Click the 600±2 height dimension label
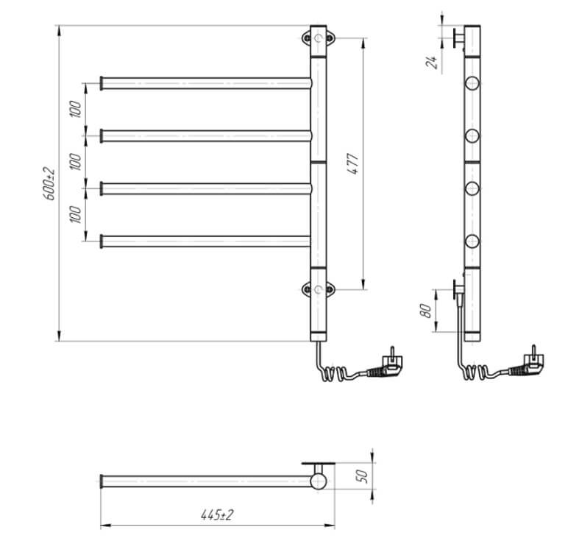pos(49,184)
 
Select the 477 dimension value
pos(352,163)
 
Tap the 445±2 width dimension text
pos(217,515)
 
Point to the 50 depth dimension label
pos(362,476)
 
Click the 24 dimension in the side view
pos(431,62)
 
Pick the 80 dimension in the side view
pos(425,311)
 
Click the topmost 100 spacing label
pos(75,109)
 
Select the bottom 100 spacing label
pos(75,214)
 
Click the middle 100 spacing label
pos(75,161)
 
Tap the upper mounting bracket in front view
pos(319,38)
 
